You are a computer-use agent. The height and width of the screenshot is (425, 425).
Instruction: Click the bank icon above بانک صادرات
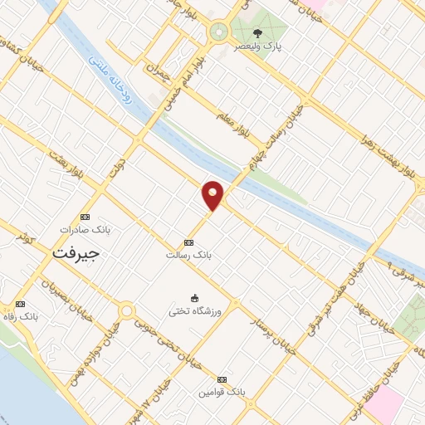pyautogui.click(x=82, y=214)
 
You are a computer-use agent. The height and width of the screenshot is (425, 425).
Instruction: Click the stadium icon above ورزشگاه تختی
pyautogui.click(x=195, y=298)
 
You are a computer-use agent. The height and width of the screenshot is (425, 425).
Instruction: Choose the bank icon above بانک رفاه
pyautogui.click(x=21, y=305)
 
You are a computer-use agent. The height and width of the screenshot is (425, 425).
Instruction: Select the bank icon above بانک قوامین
pyautogui.click(x=222, y=379)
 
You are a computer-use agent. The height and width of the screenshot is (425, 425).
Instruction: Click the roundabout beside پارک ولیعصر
pyautogui.click(x=218, y=32)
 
